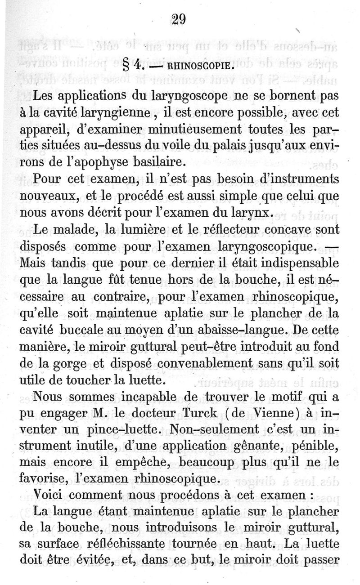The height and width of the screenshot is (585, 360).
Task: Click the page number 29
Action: pyautogui.click(x=179, y=19)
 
